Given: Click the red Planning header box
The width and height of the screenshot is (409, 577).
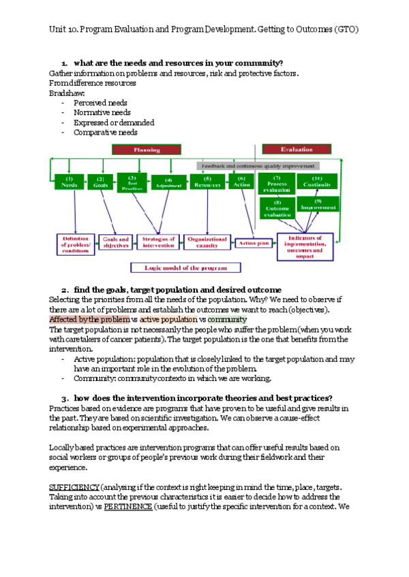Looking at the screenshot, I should tap(147, 149).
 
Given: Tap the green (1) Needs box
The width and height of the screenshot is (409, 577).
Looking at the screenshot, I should tap(69, 182).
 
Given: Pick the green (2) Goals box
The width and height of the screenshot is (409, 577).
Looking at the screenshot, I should tap(100, 182).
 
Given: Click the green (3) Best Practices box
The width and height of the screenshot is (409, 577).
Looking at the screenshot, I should tap(132, 181).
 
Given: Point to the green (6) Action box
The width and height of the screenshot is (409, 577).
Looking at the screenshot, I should tap(241, 182).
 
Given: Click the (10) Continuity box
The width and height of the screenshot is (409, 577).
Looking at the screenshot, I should tap(318, 182).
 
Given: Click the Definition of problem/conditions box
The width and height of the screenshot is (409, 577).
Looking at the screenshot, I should tap(75, 244).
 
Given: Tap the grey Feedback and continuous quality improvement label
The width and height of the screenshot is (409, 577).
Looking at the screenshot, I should tap(257, 165).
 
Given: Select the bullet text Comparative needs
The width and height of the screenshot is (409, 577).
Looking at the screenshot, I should tap(106, 133).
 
